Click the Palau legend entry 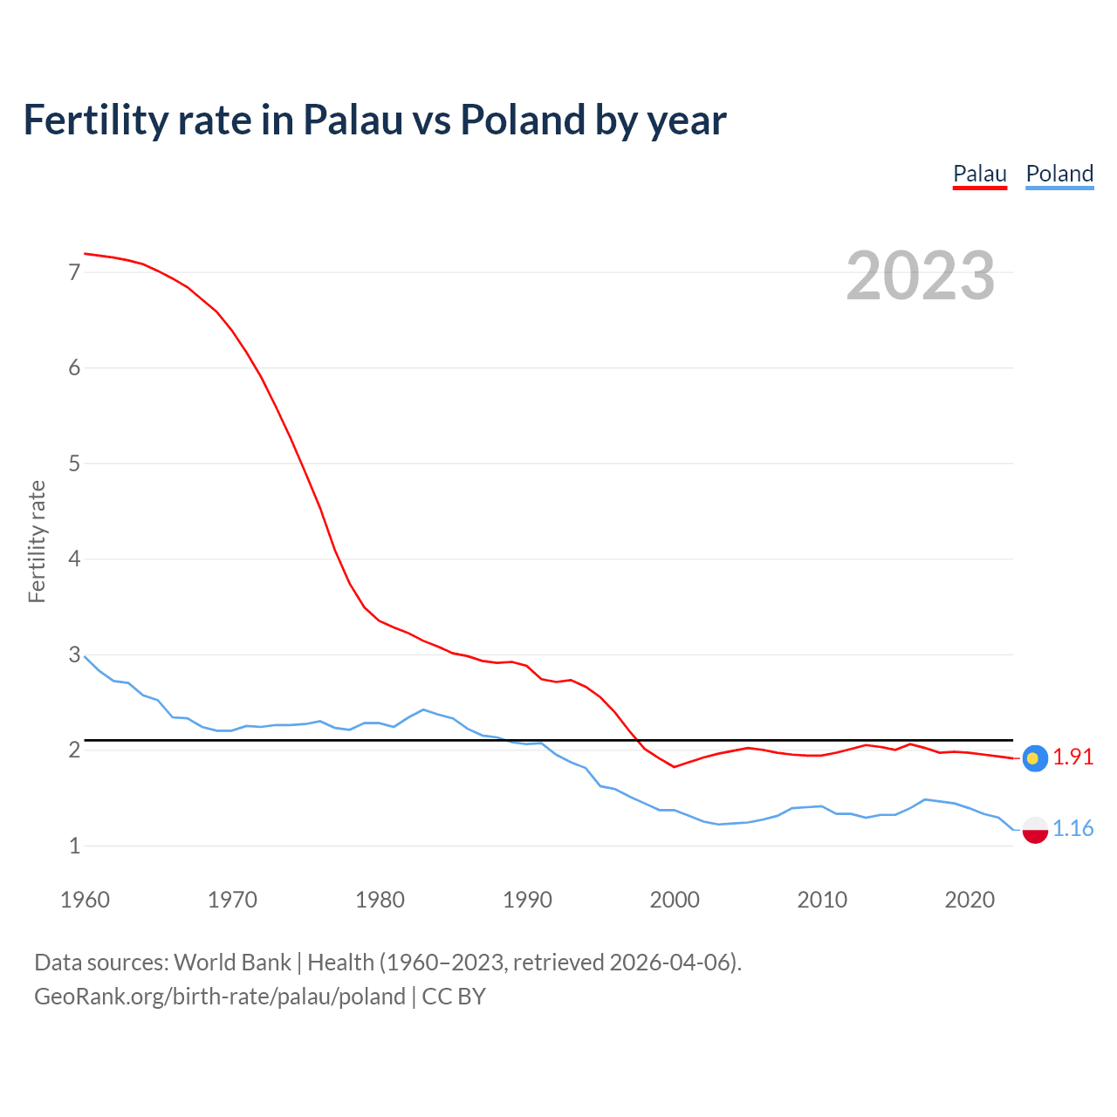coord(979,174)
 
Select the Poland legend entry coord(1059,174)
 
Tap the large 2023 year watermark coord(920,276)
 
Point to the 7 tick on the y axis coord(74,272)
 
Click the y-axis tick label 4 coord(74,558)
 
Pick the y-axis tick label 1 coord(74,846)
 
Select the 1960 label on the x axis coord(85,900)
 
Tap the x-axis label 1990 coord(527,900)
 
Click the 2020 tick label coord(970,900)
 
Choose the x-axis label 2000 coord(675,900)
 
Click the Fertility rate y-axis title coord(37,541)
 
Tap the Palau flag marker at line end coord(1034,758)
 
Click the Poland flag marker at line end coord(1034,830)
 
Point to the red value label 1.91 coord(1072,757)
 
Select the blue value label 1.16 coord(1072,829)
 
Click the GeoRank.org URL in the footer coord(220,997)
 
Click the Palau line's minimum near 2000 coord(674,766)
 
